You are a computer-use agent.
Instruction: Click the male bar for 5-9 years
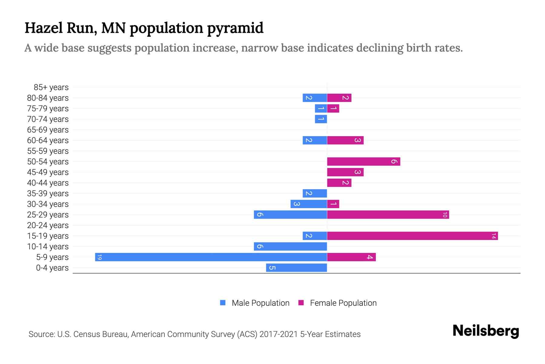pyautogui.click(x=211, y=257)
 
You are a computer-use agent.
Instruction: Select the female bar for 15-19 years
pyautogui.click(x=412, y=236)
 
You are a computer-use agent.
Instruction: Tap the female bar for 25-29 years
pyautogui.click(x=388, y=214)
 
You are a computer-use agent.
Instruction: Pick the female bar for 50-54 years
pyautogui.click(x=363, y=161)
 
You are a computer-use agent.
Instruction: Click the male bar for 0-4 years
pyautogui.click(x=296, y=268)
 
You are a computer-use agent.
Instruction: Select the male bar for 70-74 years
pyautogui.click(x=321, y=119)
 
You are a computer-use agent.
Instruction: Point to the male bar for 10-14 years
pyautogui.click(x=290, y=246)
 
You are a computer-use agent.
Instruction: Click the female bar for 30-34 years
pyautogui.click(x=333, y=204)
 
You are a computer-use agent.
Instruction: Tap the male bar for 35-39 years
pyautogui.click(x=315, y=193)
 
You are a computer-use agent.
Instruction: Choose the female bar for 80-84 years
pyautogui.click(x=339, y=98)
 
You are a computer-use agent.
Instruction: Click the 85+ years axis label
pyautogui.click(x=51, y=87)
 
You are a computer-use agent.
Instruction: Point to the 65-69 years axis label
pyautogui.click(x=48, y=130)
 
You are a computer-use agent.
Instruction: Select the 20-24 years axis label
pyautogui.click(x=48, y=225)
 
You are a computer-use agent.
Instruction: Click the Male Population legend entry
pyautogui.click(x=255, y=303)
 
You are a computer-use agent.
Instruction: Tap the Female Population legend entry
pyautogui.click(x=338, y=303)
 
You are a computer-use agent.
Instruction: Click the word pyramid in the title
pyautogui.click(x=235, y=28)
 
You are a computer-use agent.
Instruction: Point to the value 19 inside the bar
pyautogui.click(x=99, y=257)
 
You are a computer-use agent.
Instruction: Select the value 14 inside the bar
pyautogui.click(x=494, y=236)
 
